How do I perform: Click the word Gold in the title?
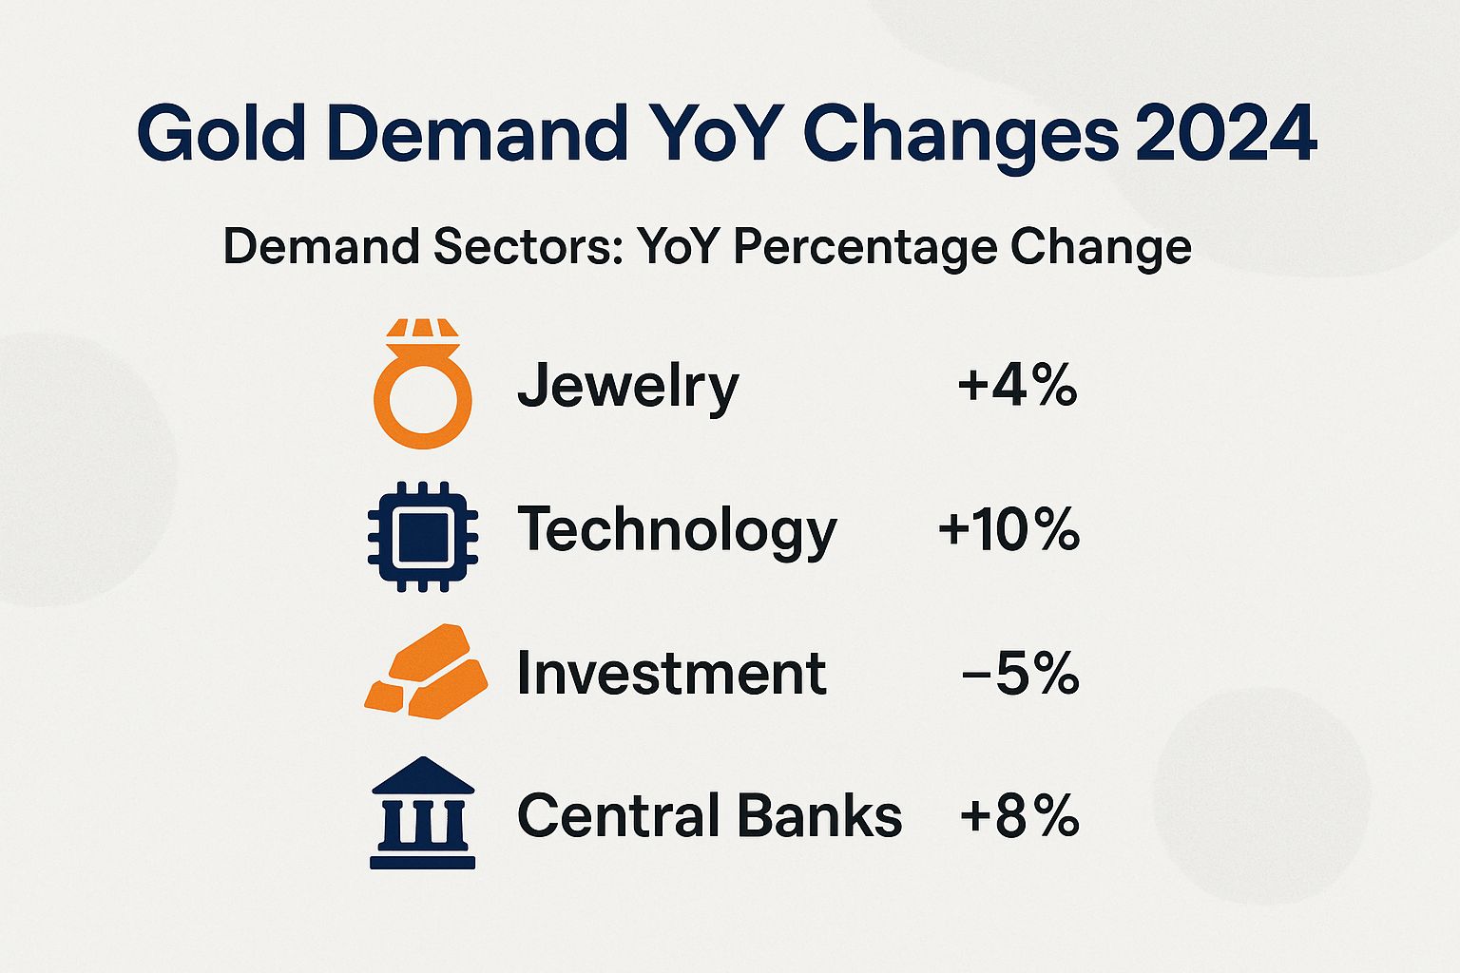[x=221, y=133]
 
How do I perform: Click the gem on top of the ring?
[x=422, y=329]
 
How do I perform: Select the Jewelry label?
[x=627, y=388]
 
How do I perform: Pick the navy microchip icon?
[x=423, y=537]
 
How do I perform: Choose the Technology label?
[x=676, y=531]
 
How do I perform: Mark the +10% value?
[x=1009, y=529]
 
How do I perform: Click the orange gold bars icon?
[x=426, y=672]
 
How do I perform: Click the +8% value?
[x=1019, y=815]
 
